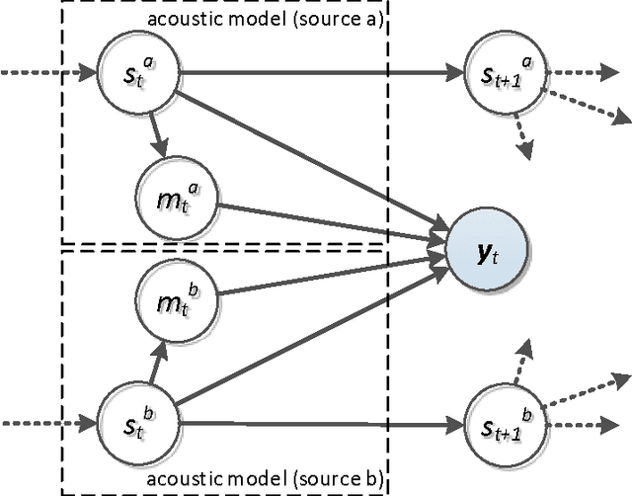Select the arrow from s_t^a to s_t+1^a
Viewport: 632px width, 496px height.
click(x=316, y=71)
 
